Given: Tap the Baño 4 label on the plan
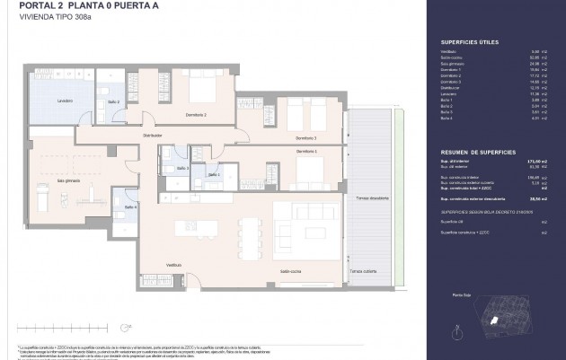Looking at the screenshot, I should (x=130, y=207).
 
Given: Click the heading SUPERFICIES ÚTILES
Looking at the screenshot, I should (x=464, y=41).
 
